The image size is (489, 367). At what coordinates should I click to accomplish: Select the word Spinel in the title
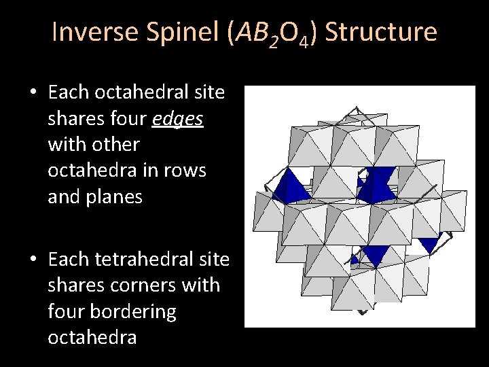click(x=187, y=33)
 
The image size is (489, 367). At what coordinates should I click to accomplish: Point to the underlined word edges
click(x=177, y=120)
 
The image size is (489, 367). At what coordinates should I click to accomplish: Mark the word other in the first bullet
click(x=116, y=145)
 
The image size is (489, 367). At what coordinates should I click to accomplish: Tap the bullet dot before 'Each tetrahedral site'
click(x=33, y=260)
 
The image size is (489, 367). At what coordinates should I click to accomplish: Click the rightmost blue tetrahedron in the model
click(x=431, y=243)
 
